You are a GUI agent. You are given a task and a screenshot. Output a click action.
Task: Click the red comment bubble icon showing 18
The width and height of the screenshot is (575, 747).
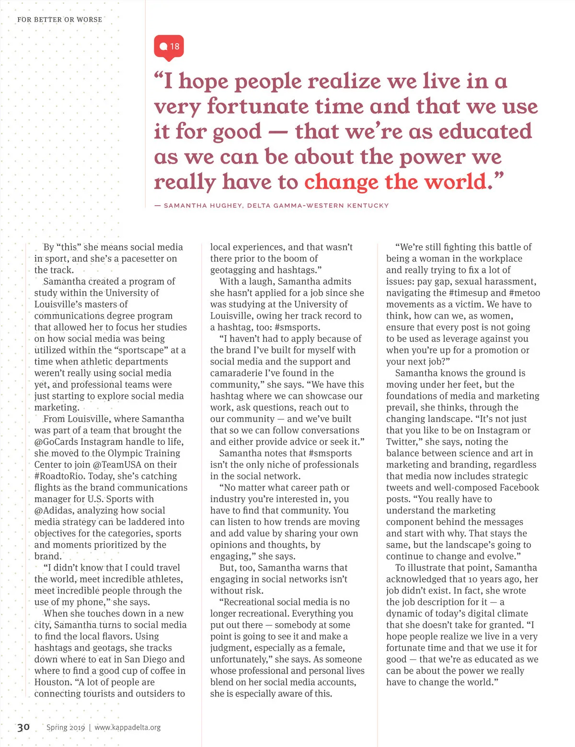click(x=169, y=47)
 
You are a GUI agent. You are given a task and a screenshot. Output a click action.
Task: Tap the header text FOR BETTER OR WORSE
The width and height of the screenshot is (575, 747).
click(x=59, y=20)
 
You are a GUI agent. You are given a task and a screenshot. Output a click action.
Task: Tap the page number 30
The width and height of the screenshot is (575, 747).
click(x=23, y=727)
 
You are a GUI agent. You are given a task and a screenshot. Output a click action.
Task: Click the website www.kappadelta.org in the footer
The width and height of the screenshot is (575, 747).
click(x=127, y=727)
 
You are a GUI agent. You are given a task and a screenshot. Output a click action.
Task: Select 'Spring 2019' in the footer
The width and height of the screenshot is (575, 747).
click(x=66, y=727)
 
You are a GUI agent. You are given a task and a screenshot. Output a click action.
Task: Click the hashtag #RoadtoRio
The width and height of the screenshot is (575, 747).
click(x=59, y=476)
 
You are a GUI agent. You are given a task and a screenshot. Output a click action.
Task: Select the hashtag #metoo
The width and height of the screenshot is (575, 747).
click(x=524, y=293)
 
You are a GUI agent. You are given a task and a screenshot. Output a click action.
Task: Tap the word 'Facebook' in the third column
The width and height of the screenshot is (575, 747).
click(x=519, y=488)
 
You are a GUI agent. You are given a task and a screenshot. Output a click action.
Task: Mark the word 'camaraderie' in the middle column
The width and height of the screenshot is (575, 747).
click(x=240, y=373)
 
